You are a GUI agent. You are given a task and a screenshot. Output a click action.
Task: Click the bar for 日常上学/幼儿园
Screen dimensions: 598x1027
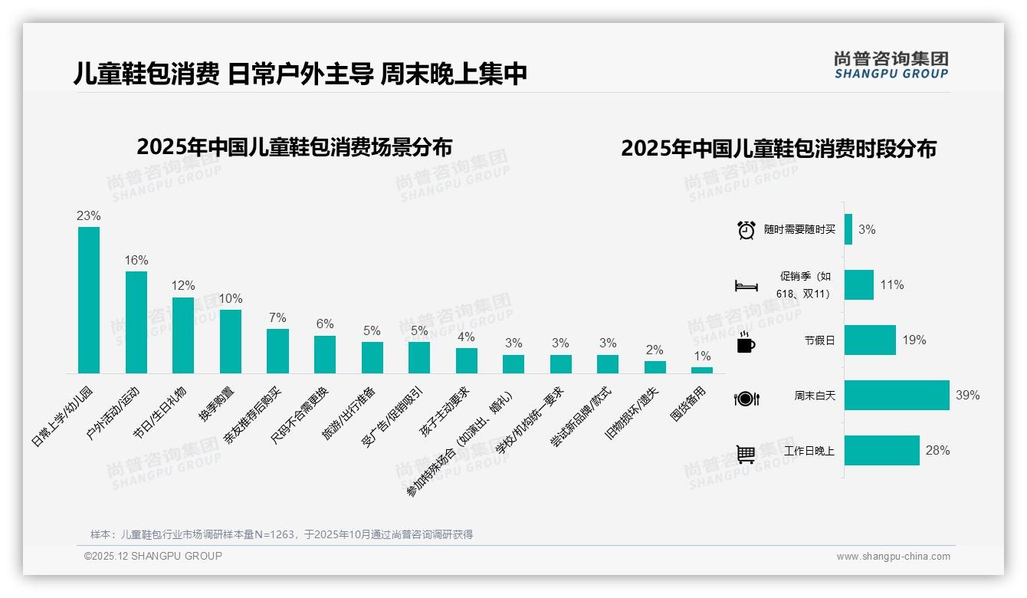89,300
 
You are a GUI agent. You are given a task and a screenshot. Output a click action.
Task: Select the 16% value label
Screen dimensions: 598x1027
136,261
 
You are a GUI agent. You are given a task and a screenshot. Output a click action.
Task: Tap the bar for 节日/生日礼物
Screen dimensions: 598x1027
183,335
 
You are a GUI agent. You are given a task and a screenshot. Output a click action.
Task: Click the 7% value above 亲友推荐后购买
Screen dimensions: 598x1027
277,318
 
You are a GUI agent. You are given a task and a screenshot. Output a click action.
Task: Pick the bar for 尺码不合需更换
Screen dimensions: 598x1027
325,354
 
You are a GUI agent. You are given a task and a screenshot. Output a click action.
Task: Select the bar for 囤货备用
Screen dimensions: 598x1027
702,370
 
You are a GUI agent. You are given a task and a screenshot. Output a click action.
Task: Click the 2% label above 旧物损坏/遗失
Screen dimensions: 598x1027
655,350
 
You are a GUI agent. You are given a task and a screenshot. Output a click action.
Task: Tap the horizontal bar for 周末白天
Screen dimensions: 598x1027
897,396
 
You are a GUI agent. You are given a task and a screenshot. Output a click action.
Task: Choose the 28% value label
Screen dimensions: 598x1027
937,451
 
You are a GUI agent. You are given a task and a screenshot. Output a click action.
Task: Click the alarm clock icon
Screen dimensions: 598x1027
746,230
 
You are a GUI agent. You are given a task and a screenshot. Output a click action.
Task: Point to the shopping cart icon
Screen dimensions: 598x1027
746,454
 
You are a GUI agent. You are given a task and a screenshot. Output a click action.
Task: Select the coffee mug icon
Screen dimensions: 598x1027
746,343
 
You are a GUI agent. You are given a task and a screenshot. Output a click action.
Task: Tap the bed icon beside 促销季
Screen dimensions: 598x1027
746,286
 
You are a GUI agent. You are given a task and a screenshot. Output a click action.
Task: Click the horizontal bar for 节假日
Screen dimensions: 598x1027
870,340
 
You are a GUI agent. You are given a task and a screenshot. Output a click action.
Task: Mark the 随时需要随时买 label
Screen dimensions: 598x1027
799,230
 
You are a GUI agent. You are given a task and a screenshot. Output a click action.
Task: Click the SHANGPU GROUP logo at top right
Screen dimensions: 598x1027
891,65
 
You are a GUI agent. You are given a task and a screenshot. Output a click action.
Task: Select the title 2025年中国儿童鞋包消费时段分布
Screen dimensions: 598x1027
779,149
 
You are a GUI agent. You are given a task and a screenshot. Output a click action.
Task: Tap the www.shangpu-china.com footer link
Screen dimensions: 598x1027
893,557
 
